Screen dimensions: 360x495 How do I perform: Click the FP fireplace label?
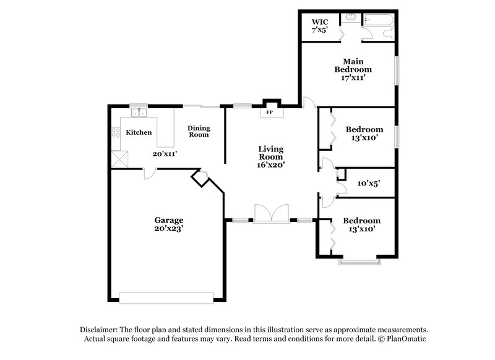pos(269,113)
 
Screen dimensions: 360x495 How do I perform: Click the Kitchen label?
pos(139,132)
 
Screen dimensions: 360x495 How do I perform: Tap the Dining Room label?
pos(199,131)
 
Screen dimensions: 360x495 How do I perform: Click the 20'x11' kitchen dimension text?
pos(164,154)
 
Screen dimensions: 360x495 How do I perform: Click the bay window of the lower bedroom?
pos(358,260)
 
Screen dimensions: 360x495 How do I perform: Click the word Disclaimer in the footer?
pos(101,330)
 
